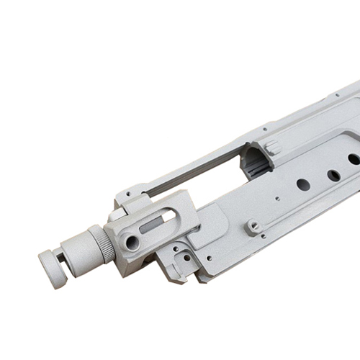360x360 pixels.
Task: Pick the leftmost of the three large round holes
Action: pos(303,184)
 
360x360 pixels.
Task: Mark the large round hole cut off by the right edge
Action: pos(354,159)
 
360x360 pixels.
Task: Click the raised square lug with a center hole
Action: pos(253,227)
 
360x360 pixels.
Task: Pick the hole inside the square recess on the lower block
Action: pos(187,257)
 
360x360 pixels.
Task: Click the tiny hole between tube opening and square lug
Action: pos(276,198)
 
